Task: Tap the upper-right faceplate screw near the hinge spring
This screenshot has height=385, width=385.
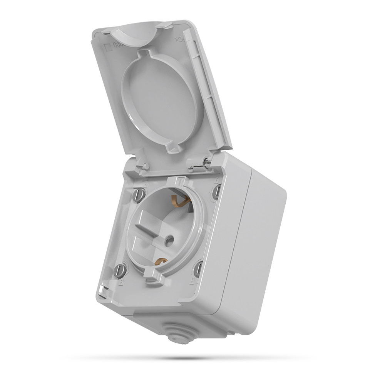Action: point(216,191)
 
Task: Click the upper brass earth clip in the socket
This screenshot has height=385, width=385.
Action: point(177,200)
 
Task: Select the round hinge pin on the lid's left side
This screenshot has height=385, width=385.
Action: point(145,166)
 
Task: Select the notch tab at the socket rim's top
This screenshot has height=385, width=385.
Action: point(181,181)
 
